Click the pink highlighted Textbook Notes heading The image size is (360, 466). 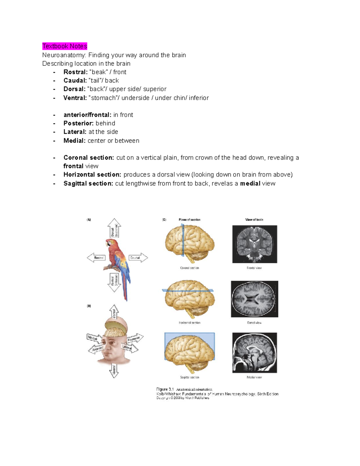tap(64, 46)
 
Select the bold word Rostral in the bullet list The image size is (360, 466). tap(75, 72)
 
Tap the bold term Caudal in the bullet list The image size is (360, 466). tap(75, 80)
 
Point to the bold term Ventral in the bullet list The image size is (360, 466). tap(75, 98)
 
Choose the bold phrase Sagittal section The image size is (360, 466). tap(88, 183)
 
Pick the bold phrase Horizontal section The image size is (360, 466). tap(92, 175)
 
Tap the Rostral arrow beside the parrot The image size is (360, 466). tap(96, 258)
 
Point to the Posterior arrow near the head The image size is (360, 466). tap(135, 338)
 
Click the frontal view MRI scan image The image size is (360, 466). tap(254, 244)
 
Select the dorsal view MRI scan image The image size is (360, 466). tap(254, 299)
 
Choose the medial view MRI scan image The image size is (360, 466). tap(254, 353)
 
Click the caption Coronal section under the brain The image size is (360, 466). tap(189, 268)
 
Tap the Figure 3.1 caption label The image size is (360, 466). tap(165, 389)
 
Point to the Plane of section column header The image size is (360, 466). tap(189, 220)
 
